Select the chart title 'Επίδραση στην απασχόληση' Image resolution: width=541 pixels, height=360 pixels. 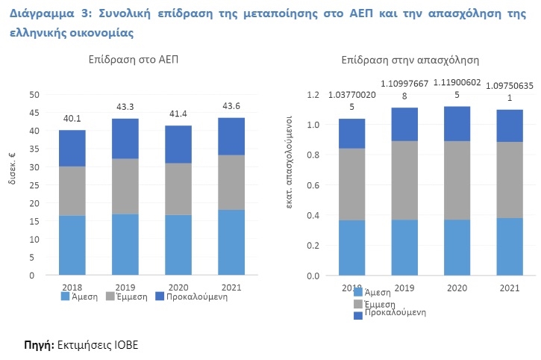(410, 59)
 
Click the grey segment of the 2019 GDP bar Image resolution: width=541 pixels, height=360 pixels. (125, 186)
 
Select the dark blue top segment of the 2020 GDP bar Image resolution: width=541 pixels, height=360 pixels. (178, 144)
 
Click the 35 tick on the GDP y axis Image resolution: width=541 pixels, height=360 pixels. (33, 149)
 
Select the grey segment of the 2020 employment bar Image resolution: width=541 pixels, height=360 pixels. (456, 180)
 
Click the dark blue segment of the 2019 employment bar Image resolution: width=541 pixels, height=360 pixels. (404, 124)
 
